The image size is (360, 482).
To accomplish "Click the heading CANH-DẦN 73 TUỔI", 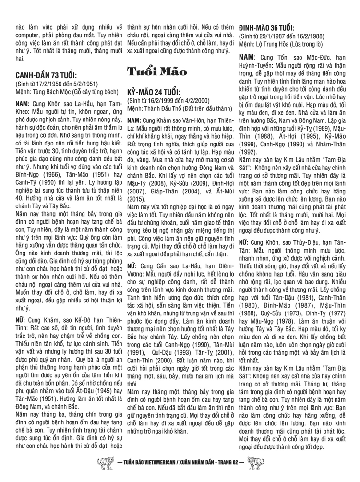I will pos(46,75).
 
